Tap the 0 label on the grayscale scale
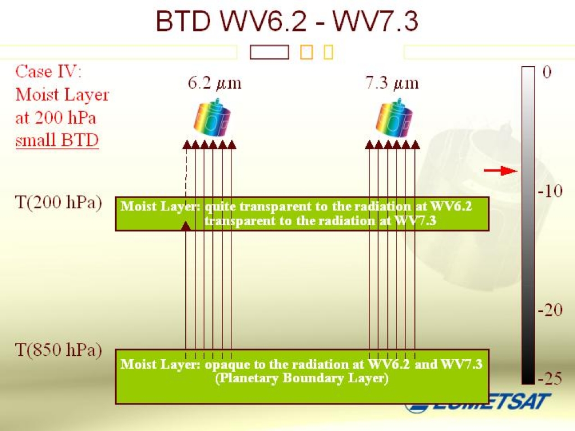point(547,73)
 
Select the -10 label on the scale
point(550,191)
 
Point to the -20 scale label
point(550,310)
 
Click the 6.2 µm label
point(214,84)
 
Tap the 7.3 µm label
point(392,84)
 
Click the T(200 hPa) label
point(58,203)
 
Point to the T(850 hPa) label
point(58,351)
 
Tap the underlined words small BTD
point(57,140)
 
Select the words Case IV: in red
point(49,72)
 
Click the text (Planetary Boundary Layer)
point(302,378)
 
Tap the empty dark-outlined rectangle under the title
point(269,53)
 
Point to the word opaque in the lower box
point(225,365)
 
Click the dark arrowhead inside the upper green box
point(186,225)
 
